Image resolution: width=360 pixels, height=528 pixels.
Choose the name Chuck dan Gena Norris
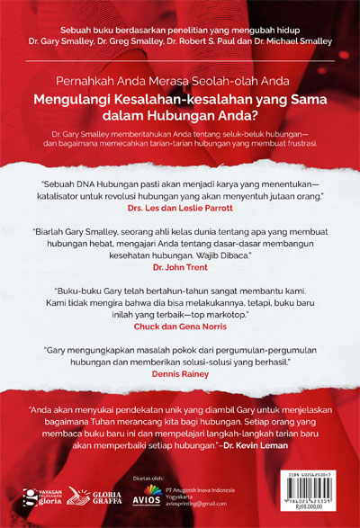(x=180, y=328)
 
